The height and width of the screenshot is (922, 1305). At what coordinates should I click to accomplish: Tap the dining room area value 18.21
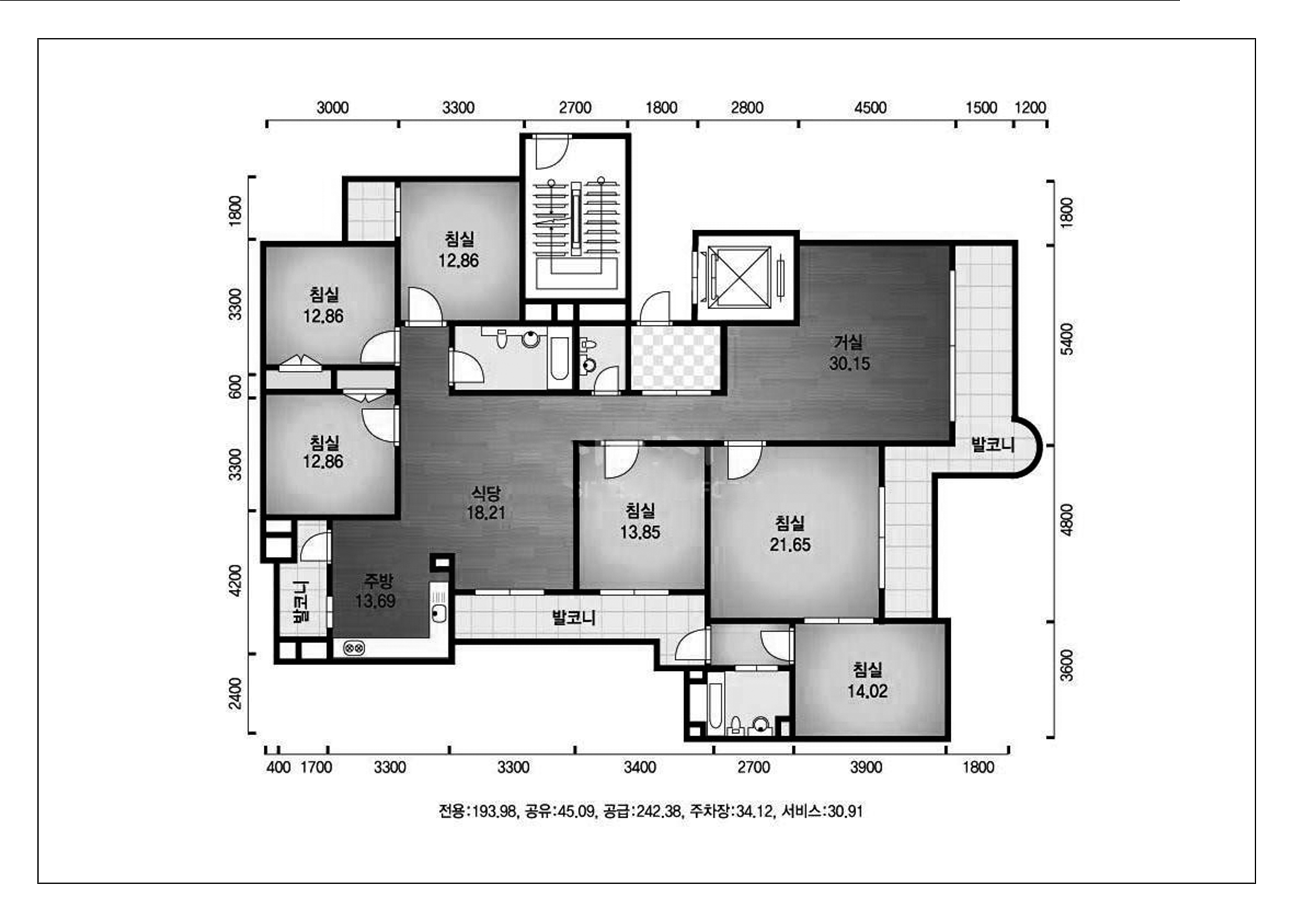coord(486,513)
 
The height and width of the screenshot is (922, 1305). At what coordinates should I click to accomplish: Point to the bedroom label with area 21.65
coord(790,534)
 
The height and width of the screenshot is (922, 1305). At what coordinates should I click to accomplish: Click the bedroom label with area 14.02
coord(867,680)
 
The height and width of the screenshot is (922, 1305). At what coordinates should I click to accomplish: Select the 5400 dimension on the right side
coord(1067,339)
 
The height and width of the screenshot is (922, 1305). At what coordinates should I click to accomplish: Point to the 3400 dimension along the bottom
coord(640,767)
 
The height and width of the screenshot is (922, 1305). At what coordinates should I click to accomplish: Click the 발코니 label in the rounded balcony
coord(993,444)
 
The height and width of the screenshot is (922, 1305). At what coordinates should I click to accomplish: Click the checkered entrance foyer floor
coord(676,358)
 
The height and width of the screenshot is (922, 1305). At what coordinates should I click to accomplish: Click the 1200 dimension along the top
coord(1030,107)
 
